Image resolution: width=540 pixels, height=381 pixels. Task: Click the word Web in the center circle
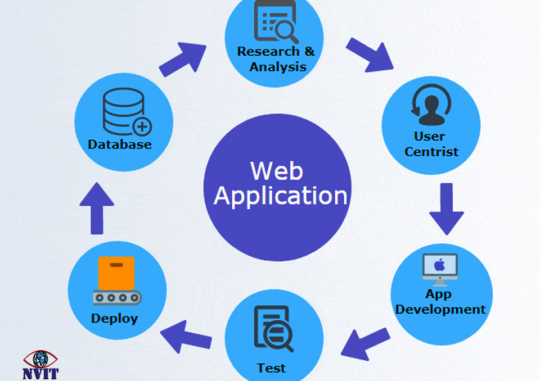point(277,170)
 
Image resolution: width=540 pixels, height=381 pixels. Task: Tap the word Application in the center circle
point(280,196)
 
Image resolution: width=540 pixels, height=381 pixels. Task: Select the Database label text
point(120,144)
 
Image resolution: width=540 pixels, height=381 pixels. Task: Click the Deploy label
point(114,319)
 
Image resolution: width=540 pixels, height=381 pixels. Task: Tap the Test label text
point(271,368)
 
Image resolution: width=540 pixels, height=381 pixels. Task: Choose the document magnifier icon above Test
point(273,328)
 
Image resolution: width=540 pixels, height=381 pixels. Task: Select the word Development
point(440,310)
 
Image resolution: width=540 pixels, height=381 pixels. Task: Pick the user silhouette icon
point(430,106)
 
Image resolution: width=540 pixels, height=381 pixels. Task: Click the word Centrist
point(431,152)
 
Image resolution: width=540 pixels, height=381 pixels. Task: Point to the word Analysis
point(278,67)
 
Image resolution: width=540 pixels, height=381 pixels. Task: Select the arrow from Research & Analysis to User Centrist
point(370,55)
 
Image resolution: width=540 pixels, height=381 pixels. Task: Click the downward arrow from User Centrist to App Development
point(447,207)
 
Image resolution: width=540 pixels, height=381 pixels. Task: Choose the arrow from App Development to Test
point(365,343)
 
